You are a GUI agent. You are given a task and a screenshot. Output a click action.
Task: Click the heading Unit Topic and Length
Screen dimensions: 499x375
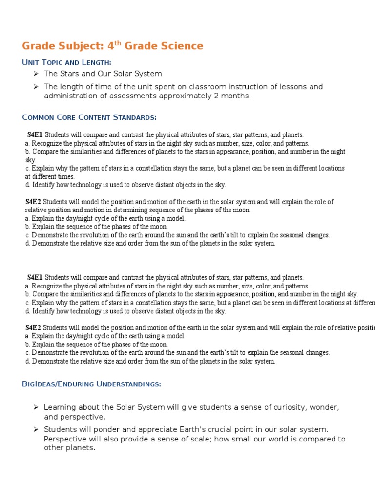click(67, 62)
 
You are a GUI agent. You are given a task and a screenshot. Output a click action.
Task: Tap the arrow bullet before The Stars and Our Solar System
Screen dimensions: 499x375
click(36, 74)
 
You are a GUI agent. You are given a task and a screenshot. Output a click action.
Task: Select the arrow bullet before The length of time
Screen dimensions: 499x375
click(36, 87)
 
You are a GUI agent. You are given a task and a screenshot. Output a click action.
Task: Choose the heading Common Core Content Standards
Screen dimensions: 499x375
click(89, 117)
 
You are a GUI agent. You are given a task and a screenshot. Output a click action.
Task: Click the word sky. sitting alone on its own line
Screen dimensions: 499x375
click(31, 160)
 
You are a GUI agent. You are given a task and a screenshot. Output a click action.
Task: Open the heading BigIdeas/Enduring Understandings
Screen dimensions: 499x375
click(91, 384)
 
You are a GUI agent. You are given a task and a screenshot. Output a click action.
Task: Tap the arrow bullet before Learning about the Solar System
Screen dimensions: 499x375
click(36, 407)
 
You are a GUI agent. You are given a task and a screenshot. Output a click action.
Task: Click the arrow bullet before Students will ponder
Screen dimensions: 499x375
click(36, 430)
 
